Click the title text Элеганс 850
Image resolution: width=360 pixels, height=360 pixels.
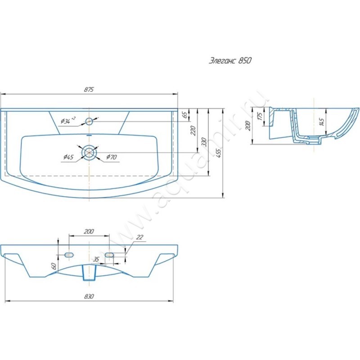click(x=230, y=61)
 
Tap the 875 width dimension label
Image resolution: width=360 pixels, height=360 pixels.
click(x=89, y=90)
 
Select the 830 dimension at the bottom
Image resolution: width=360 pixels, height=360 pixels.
click(x=89, y=297)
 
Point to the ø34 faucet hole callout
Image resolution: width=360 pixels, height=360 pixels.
click(x=68, y=120)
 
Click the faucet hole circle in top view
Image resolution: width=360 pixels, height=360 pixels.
click(x=89, y=121)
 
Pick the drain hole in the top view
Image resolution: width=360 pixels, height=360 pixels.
click(x=89, y=153)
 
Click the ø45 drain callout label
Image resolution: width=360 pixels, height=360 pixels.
click(x=68, y=157)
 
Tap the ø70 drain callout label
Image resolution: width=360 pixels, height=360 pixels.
click(x=111, y=157)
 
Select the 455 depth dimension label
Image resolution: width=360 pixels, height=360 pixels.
click(x=219, y=153)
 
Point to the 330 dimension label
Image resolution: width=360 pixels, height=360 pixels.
click(x=204, y=142)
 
